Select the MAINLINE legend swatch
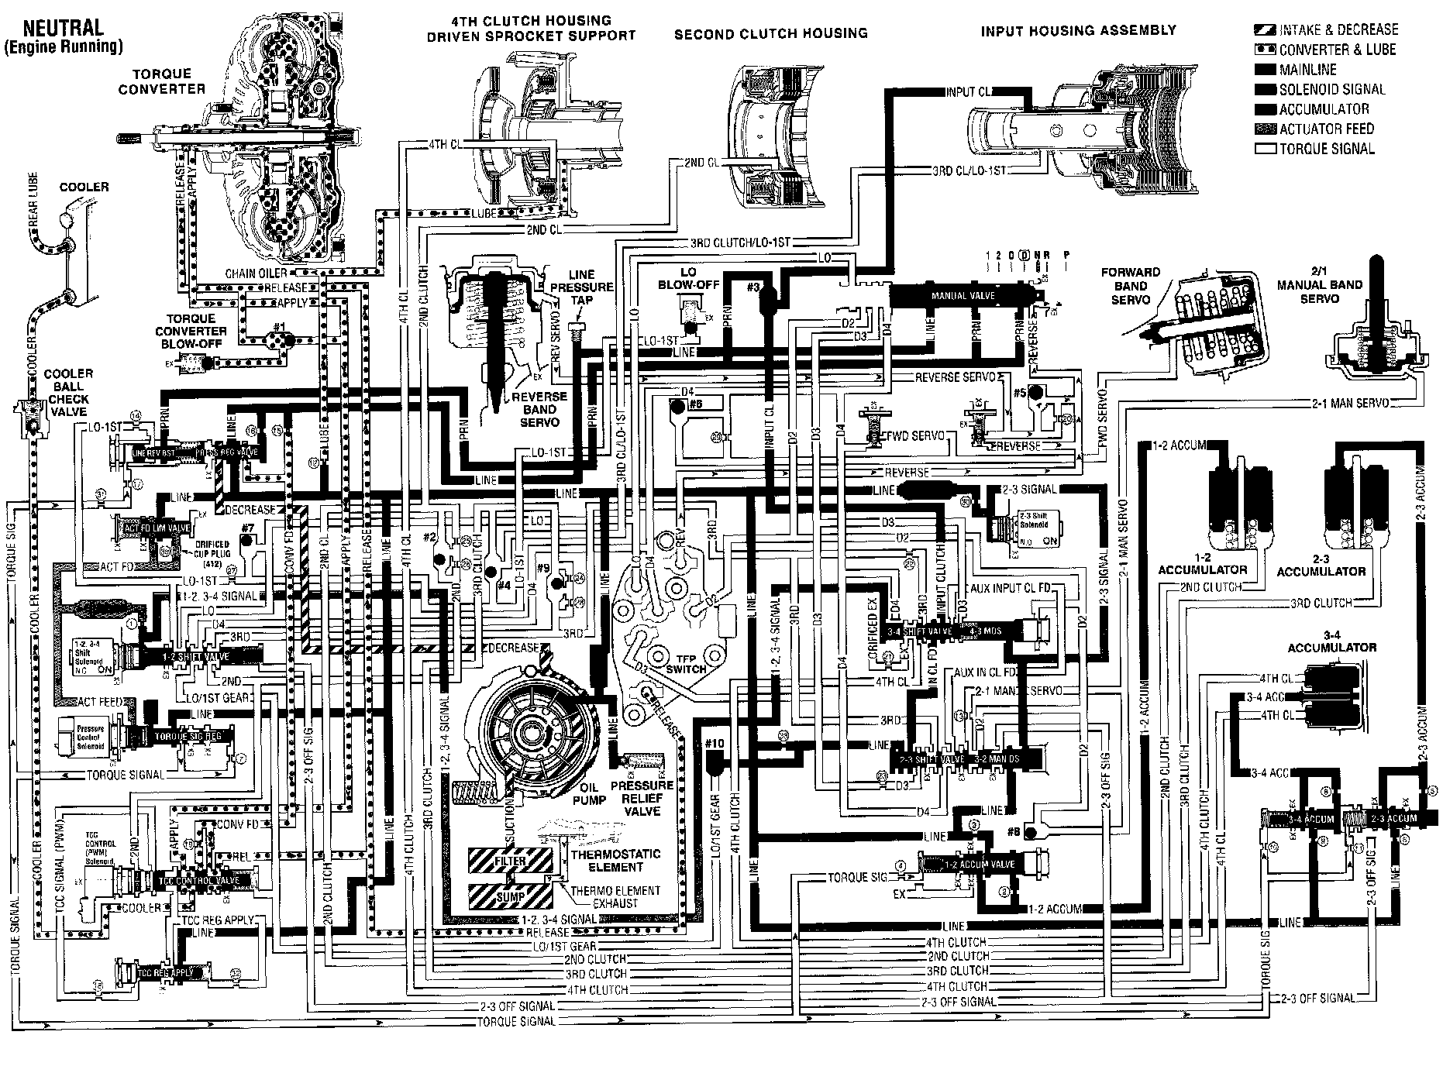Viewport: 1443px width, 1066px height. (x=1265, y=70)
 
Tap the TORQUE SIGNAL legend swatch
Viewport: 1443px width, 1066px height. (x=1265, y=149)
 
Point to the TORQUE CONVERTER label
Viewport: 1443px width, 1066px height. (x=161, y=81)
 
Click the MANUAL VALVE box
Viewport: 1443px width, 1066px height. (x=959, y=295)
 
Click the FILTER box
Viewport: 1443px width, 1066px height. (x=510, y=861)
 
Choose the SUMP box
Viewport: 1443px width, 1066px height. (x=510, y=896)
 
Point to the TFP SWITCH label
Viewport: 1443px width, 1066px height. (x=686, y=664)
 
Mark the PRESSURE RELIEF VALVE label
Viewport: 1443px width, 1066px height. (x=642, y=798)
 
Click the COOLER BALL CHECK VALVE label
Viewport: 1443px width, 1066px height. (x=67, y=392)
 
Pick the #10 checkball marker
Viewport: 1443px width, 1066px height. (x=714, y=744)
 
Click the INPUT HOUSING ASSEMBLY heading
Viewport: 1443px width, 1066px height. (x=1078, y=31)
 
